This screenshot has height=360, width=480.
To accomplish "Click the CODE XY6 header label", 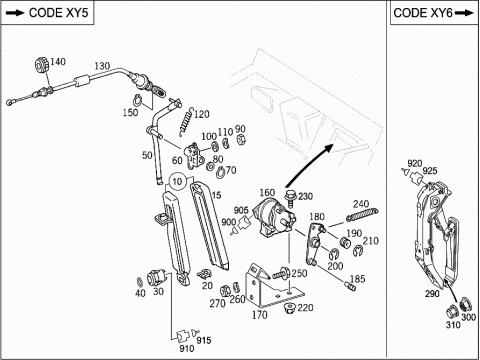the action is pos(433,13).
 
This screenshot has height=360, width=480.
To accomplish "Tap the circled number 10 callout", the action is pos(178,181).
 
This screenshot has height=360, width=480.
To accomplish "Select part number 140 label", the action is pos(58,62).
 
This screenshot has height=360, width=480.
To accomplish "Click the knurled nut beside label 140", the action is pos(41,65).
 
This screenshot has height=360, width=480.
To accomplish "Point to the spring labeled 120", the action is pos(186,122).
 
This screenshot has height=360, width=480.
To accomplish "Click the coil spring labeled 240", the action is pos(362,215).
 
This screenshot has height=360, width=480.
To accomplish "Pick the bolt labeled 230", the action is pos(291,197).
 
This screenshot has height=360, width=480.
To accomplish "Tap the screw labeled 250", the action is pos(281,273).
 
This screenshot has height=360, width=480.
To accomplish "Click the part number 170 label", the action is pos(259,315).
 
